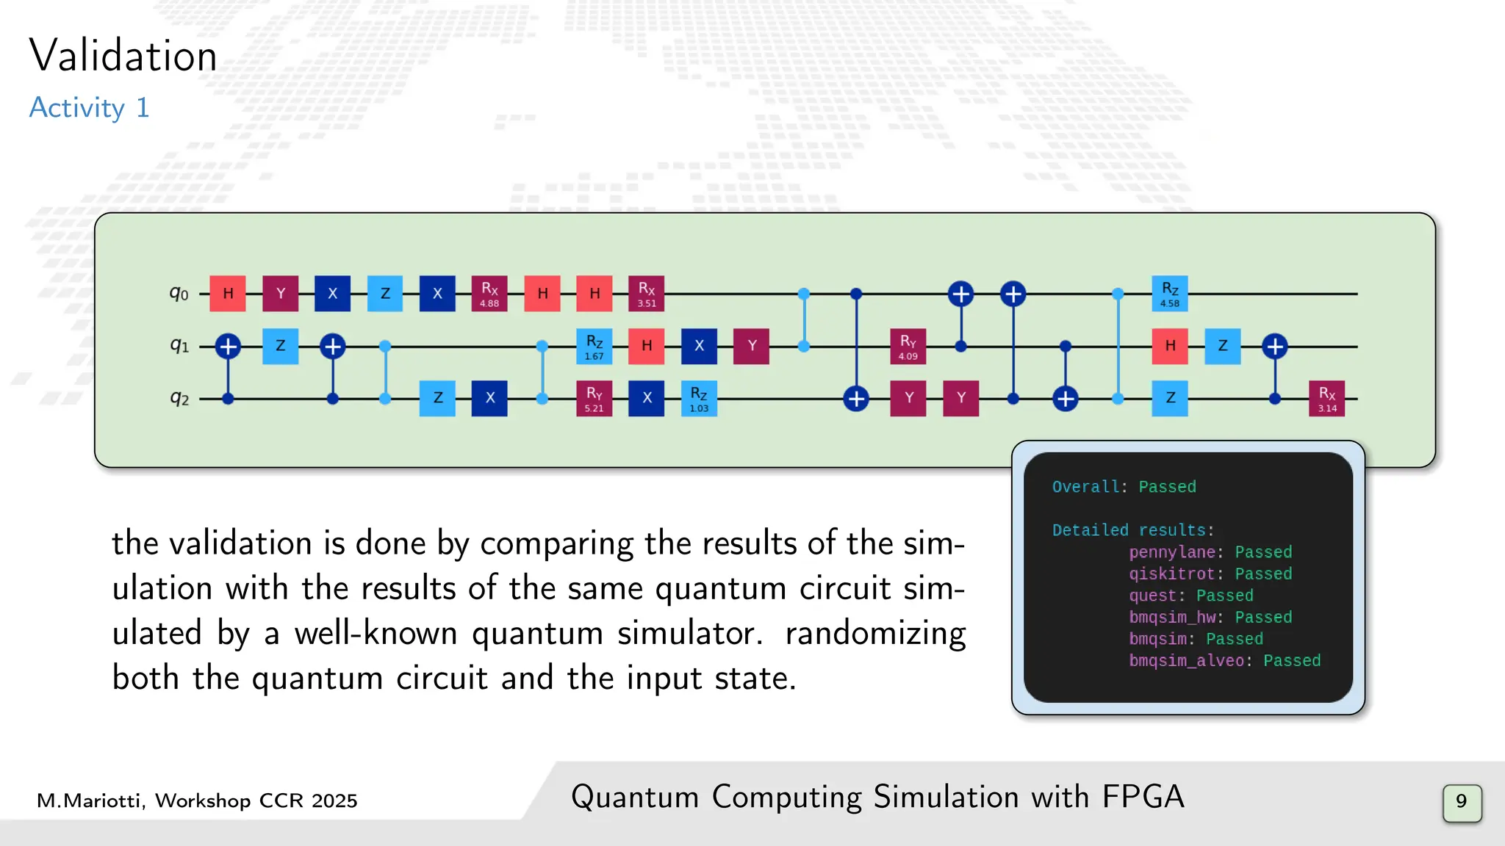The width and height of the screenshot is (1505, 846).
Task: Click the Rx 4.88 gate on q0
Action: pos(489,294)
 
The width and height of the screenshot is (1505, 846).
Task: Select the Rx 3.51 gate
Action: pos(647,294)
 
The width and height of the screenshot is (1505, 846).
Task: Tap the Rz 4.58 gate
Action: pos(1170,294)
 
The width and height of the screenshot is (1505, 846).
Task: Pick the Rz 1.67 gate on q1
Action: pos(594,346)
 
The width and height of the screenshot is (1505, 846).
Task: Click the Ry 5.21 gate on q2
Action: pos(594,399)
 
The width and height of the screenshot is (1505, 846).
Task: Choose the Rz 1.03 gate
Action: pos(699,399)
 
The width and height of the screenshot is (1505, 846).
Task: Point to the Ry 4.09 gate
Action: pos(908,346)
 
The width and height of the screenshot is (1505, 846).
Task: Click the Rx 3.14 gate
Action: pos(1327,399)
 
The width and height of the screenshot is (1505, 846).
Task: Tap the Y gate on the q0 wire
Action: pos(281,294)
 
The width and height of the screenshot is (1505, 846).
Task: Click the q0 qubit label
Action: pos(179,294)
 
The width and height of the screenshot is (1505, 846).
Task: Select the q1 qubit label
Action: pos(179,345)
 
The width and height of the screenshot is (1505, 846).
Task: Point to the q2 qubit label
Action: pos(179,398)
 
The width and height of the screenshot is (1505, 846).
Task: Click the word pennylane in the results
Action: pos(1172,552)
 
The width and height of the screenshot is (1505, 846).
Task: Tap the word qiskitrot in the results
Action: pos(1172,574)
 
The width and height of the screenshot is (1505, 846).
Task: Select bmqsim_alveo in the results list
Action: pos(1187,661)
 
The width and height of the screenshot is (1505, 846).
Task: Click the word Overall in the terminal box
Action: pos(1085,487)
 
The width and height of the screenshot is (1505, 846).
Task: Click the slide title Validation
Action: pos(123,56)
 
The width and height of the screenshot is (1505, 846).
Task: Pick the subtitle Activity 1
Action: pos(89,108)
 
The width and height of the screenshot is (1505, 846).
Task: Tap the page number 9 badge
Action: pos(1462,801)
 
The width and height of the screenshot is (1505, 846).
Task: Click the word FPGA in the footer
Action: pos(1143,797)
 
